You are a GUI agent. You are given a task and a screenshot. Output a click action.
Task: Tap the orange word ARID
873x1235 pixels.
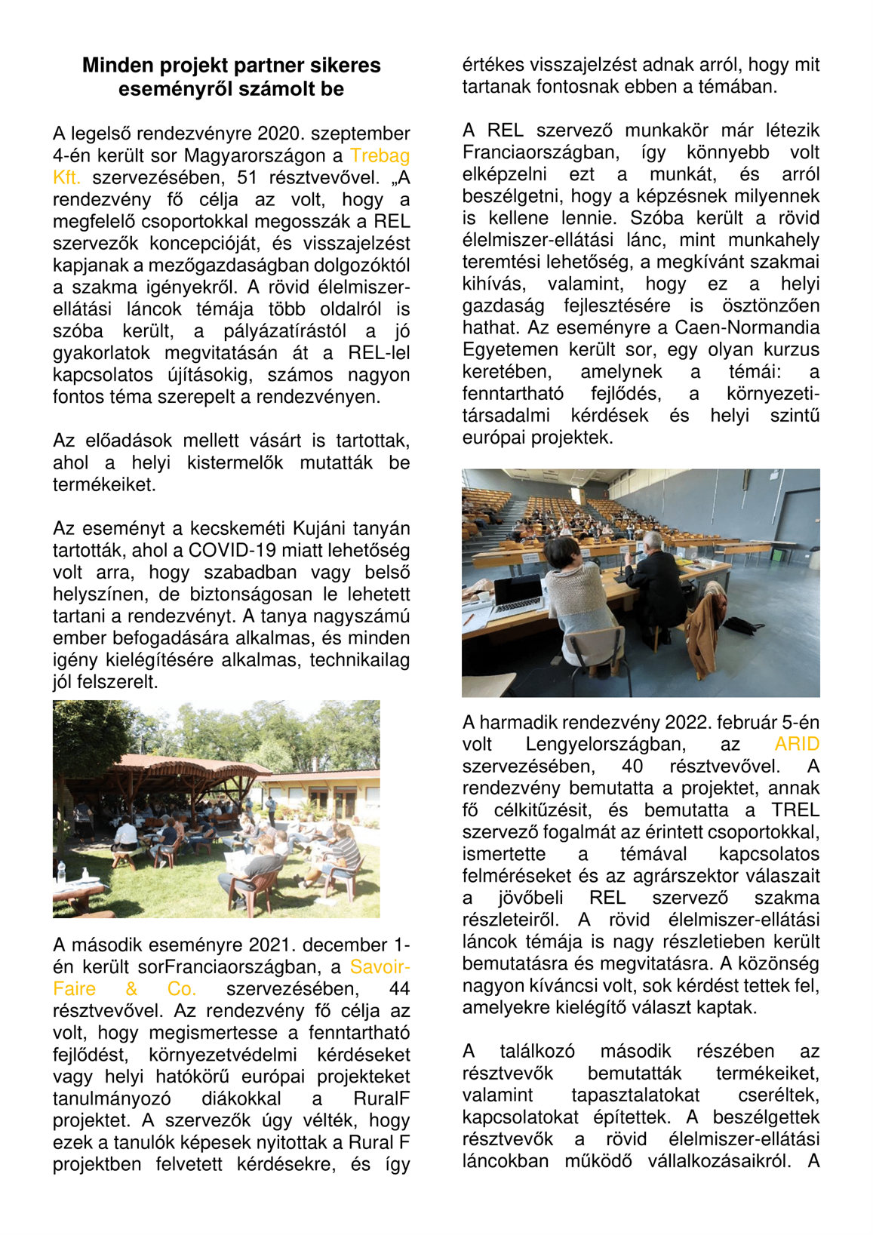(796, 745)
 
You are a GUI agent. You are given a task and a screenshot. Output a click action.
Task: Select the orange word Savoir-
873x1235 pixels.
(380, 967)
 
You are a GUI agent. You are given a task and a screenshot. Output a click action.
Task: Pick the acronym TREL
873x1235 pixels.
(795, 810)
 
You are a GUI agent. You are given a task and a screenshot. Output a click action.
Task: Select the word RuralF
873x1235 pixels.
(381, 1098)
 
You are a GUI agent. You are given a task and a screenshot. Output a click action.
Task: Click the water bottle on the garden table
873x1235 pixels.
(61, 874)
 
